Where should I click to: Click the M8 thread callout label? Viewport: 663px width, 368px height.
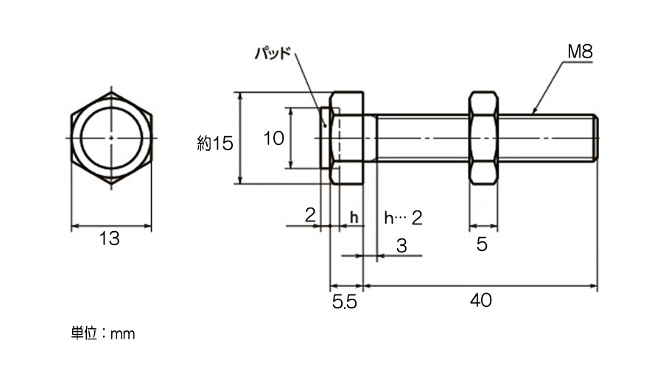pyautogui.click(x=580, y=52)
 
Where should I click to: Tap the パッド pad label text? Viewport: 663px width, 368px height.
pyautogui.click(x=273, y=53)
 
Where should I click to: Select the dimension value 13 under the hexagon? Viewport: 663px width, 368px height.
pyautogui.click(x=110, y=238)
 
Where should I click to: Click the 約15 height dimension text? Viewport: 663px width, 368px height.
pyautogui.click(x=215, y=144)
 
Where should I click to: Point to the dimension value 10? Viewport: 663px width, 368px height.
pyautogui.click(x=273, y=138)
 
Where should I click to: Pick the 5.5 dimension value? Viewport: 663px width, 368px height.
pyautogui.click(x=345, y=302)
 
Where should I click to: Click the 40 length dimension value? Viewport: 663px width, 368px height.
pyautogui.click(x=481, y=300)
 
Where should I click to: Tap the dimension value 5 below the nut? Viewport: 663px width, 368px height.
pyautogui.click(x=482, y=244)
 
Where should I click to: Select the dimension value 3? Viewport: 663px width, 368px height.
pyautogui.click(x=401, y=246)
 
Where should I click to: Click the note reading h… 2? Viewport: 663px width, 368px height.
pyautogui.click(x=403, y=218)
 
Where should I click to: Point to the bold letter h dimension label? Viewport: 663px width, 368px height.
pyautogui.click(x=354, y=217)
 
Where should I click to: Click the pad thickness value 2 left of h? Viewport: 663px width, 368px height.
pyautogui.click(x=310, y=216)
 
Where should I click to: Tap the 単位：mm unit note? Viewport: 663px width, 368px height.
pyautogui.click(x=102, y=333)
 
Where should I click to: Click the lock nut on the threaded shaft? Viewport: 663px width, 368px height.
pyautogui.click(x=483, y=138)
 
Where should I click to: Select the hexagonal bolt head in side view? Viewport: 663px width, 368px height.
pyautogui.click(x=347, y=138)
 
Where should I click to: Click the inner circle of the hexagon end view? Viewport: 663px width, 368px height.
pyautogui.click(x=111, y=107)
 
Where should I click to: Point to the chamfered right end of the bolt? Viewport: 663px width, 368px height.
pyautogui.click(x=594, y=138)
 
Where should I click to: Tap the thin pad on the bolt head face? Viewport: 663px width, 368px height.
pyautogui.click(x=325, y=138)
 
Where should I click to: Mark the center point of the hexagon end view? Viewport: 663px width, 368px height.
pyautogui.click(x=111, y=138)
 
